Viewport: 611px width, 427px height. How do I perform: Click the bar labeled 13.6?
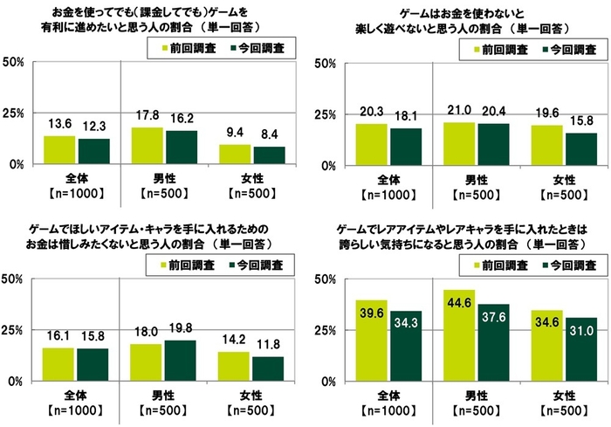(x=59, y=150)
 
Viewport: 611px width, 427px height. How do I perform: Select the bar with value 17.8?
(x=148, y=146)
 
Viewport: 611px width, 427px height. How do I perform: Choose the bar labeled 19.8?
(x=181, y=361)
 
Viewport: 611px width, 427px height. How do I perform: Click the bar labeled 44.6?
(x=459, y=335)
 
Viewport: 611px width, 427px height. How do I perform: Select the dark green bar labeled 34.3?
(x=405, y=346)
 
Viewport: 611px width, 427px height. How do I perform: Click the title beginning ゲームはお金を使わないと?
(x=457, y=15)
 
